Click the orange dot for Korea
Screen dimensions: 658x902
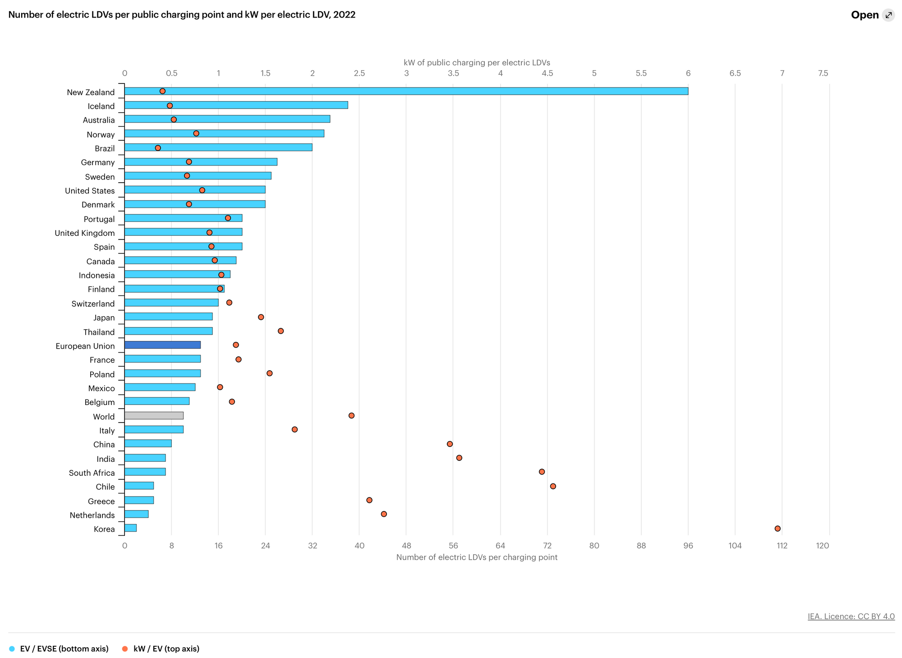click(778, 529)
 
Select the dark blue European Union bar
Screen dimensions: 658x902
click(162, 345)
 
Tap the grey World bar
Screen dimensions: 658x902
click(154, 415)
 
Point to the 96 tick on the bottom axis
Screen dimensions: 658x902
click(688, 546)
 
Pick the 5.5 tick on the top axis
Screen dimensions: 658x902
click(641, 74)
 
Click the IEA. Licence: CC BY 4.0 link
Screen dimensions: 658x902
click(851, 616)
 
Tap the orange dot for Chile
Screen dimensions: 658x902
click(553, 486)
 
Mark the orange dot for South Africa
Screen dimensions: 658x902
click(542, 472)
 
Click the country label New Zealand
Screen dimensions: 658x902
click(91, 92)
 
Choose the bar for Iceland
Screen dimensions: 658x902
click(236, 105)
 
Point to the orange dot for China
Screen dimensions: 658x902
click(450, 444)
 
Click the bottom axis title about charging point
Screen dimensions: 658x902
click(477, 557)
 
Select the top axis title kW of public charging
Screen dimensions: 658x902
click(477, 63)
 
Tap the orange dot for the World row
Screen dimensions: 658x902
click(351, 415)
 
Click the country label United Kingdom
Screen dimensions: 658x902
click(85, 233)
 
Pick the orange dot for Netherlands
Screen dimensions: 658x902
click(384, 514)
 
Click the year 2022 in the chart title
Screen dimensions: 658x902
click(345, 15)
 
